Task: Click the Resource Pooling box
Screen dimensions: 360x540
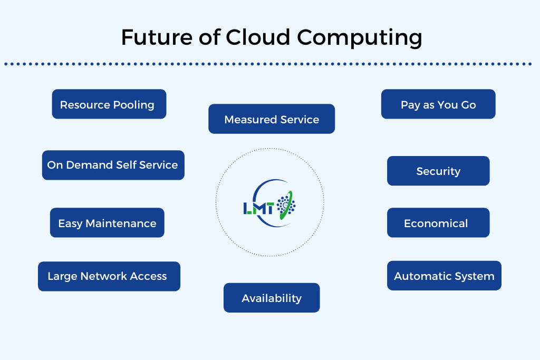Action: point(109,104)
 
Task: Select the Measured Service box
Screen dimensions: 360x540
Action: point(272,119)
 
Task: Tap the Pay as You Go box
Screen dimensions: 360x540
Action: point(438,104)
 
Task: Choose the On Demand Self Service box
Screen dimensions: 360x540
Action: point(113,165)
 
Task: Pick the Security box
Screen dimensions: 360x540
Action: point(438,171)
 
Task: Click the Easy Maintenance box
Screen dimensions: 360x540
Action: point(107,223)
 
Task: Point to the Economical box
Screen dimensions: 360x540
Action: point(438,223)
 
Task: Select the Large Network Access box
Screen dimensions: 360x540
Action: point(109,276)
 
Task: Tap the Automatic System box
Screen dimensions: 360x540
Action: point(444,276)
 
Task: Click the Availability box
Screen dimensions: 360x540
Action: point(272,298)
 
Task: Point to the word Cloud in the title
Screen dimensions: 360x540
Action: point(257,38)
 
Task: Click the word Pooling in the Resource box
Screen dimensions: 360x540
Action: point(132,105)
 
